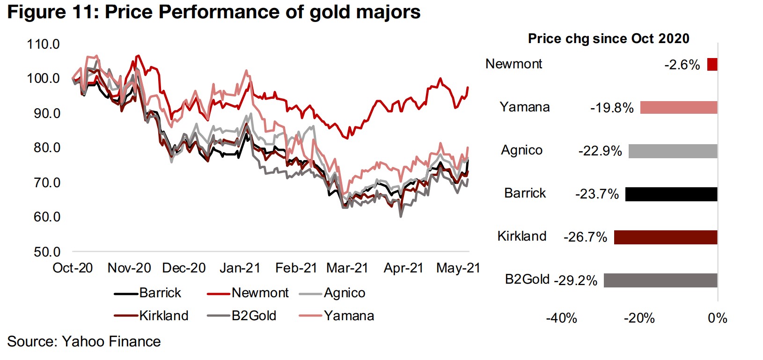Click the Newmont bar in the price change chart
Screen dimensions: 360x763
(712, 64)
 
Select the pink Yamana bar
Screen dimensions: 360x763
(678, 107)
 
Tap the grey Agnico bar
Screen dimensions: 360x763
(673, 151)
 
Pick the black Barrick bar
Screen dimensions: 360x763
(671, 194)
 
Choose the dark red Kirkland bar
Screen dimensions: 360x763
(665, 237)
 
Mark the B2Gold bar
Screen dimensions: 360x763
(660, 280)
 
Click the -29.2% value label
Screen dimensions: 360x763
(575, 280)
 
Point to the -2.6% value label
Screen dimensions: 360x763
(682, 65)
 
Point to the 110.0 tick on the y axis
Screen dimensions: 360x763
(44, 44)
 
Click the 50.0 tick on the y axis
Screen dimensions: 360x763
(47, 252)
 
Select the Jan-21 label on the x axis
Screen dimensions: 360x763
(240, 268)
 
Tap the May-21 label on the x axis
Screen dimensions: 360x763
(458, 268)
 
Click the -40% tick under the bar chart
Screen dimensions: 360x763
(561, 318)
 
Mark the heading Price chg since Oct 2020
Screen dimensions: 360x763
(609, 38)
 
